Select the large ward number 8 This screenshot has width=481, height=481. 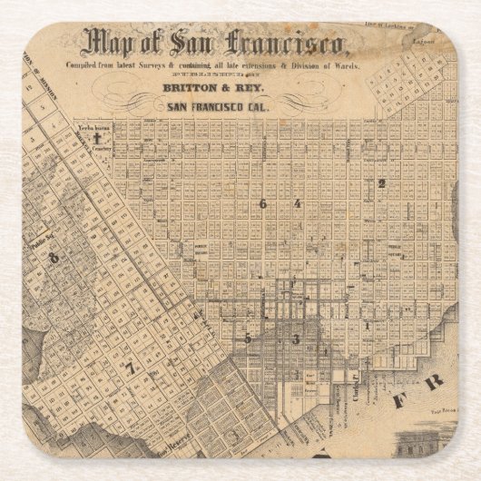(54, 258)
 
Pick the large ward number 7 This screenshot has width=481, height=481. (131, 368)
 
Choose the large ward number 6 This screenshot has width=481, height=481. (263, 204)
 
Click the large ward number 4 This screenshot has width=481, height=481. (297, 204)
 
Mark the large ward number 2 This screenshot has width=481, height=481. (381, 183)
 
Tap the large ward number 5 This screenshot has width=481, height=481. (247, 338)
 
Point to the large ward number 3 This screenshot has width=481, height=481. (295, 339)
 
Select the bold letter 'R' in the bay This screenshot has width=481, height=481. (434, 380)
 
